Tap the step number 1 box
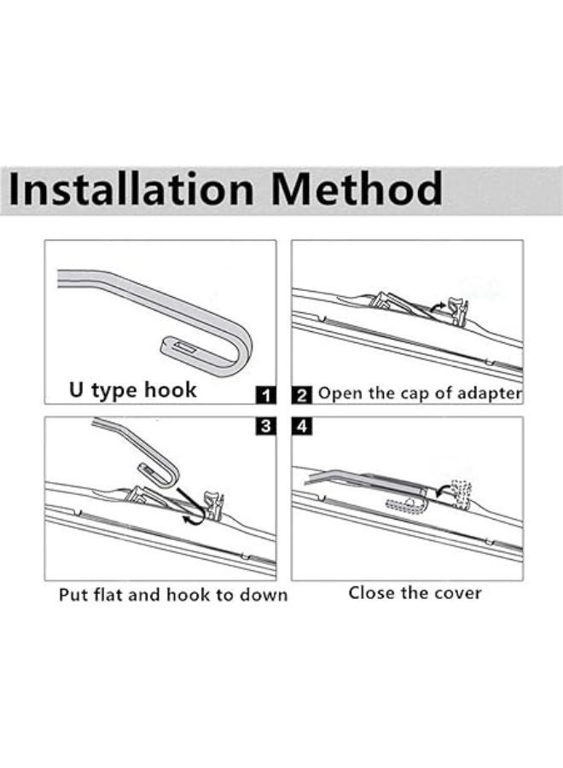click(266, 394)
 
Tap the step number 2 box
click(302, 394)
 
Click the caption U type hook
click(132, 391)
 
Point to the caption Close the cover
click(415, 592)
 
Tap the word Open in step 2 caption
click(334, 394)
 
